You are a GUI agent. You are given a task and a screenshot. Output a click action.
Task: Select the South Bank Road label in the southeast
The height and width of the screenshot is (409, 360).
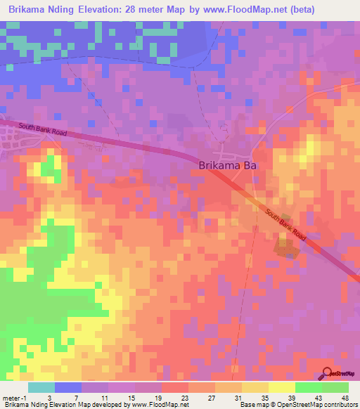tap(287, 223)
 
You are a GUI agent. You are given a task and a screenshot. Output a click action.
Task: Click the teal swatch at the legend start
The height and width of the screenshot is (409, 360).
tap(41, 388)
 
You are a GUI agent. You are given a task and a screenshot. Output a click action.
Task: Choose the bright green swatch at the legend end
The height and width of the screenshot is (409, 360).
tap(335, 388)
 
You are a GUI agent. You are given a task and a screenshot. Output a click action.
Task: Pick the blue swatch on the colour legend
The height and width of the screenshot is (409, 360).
tap(68, 388)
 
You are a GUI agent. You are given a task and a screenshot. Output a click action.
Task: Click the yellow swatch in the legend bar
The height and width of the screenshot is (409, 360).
tap(282, 388)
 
